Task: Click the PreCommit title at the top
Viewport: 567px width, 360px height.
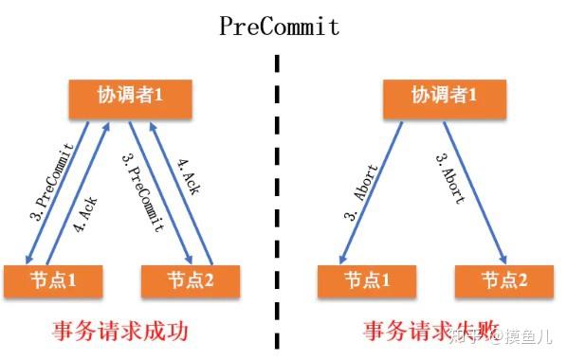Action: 279,26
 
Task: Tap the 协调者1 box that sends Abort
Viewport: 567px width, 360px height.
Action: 444,97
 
